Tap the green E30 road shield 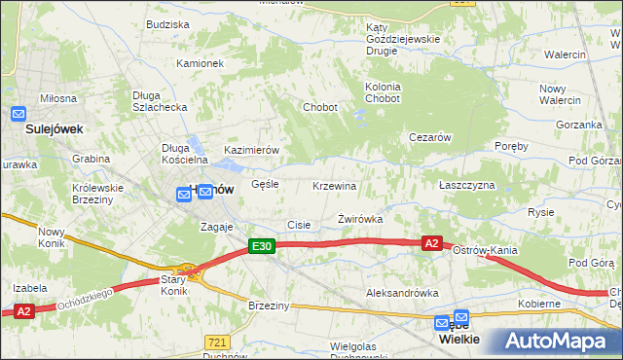point(261,247)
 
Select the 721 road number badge point(217,342)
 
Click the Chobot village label point(320,107)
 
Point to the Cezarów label point(428,138)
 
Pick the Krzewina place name point(334,185)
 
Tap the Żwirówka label point(359,219)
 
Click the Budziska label point(167,24)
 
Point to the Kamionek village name point(200,63)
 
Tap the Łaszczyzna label point(466,185)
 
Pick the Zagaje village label point(217,226)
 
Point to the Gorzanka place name point(580,126)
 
